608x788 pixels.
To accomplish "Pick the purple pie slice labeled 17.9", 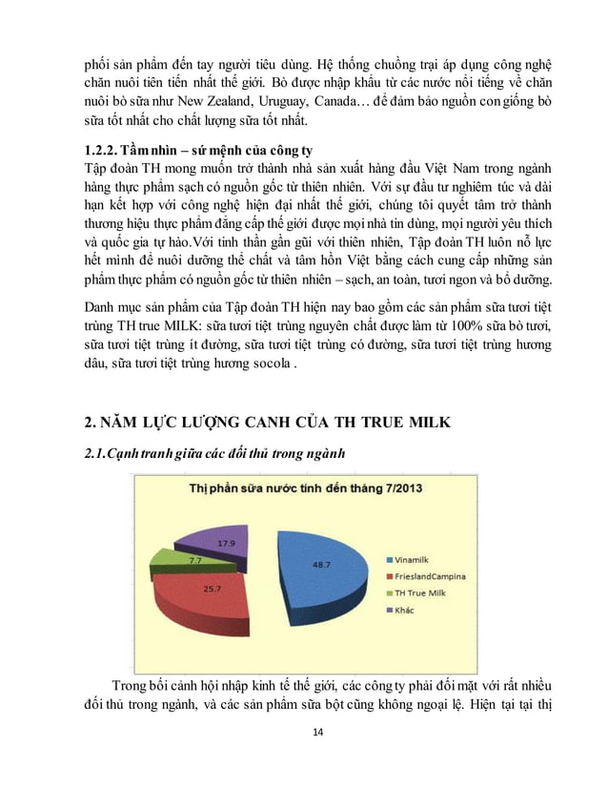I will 226,542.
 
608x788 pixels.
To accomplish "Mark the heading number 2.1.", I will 98,452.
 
